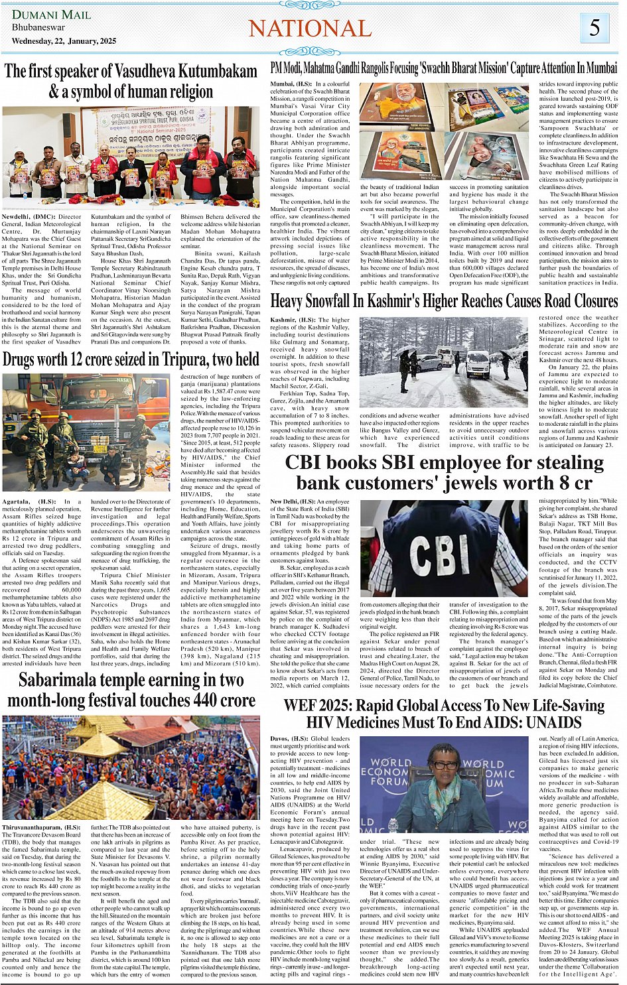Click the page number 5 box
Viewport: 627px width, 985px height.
pyautogui.click(x=594, y=29)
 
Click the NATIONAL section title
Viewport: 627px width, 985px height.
pyautogui.click(x=310, y=29)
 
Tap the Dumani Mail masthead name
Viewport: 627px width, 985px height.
pyautogui.click(x=51, y=14)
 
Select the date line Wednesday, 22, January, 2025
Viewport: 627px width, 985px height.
pyautogui.click(x=64, y=41)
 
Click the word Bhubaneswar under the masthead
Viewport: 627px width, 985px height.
pyautogui.click(x=38, y=28)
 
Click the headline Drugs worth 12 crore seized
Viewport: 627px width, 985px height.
pyautogui.click(x=131, y=360)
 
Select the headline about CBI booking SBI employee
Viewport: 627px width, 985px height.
pyautogui.click(x=444, y=472)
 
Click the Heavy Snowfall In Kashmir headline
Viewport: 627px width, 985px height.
pyautogui.click(x=444, y=301)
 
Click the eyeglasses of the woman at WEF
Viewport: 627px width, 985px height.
pyautogui.click(x=445, y=765)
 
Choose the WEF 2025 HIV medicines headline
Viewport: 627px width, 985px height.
pyautogui.click(x=444, y=713)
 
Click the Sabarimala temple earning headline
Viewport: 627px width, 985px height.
pyautogui.click(x=131, y=690)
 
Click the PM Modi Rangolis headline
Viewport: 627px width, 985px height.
pyautogui.click(x=444, y=68)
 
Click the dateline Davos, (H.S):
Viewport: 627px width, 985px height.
pyautogui.click(x=289, y=738)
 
